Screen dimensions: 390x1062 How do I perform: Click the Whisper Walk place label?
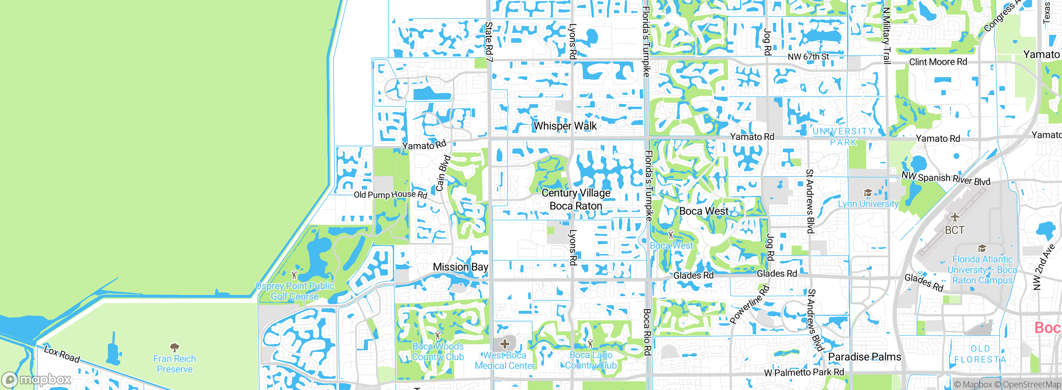tap(565, 126)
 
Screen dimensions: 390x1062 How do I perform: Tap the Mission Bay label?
tap(460, 267)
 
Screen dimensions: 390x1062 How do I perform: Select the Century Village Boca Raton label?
tap(576, 199)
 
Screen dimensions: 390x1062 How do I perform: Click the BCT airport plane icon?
tap(955, 217)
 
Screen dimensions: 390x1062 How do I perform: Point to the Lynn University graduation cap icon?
tap(867, 193)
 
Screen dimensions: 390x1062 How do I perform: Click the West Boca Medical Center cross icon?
tap(504, 344)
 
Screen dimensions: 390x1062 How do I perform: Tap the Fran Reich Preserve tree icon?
tap(175, 347)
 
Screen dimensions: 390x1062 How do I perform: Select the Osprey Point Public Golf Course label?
tap(295, 291)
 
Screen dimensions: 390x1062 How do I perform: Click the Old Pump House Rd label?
tap(390, 194)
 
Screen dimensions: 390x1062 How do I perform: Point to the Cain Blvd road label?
tap(443, 173)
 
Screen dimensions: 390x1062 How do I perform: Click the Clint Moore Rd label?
tap(938, 62)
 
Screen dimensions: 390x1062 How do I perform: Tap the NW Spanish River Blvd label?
tap(946, 178)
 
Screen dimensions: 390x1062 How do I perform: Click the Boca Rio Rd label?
tap(647, 332)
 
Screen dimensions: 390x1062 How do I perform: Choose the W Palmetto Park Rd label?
tap(804, 372)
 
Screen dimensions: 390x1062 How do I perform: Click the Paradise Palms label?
tap(865, 357)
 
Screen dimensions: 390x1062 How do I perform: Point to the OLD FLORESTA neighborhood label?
tap(980, 354)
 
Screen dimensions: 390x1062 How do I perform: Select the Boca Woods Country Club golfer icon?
tap(438, 335)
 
